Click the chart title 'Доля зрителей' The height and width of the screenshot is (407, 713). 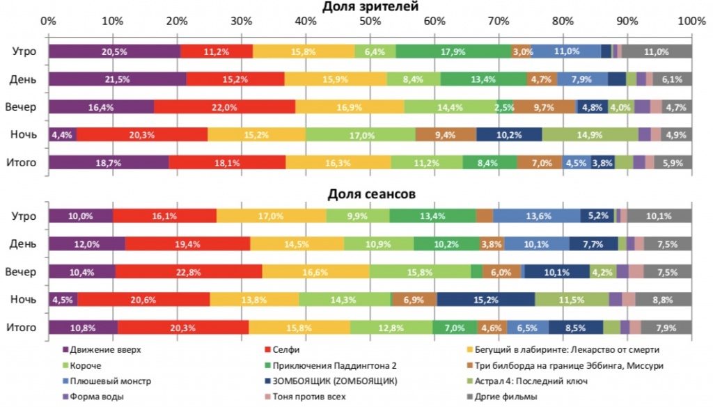(x=370, y=7)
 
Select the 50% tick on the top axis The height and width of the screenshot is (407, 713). (x=370, y=22)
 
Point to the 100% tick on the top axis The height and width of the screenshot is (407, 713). (x=691, y=22)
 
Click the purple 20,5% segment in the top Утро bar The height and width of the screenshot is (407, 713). (x=114, y=51)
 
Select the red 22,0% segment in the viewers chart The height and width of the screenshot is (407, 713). (x=224, y=107)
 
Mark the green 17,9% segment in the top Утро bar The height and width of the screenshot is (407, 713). (x=453, y=51)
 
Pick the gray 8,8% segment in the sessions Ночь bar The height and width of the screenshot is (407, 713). (x=664, y=299)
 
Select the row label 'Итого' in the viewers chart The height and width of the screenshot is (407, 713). (x=24, y=163)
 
